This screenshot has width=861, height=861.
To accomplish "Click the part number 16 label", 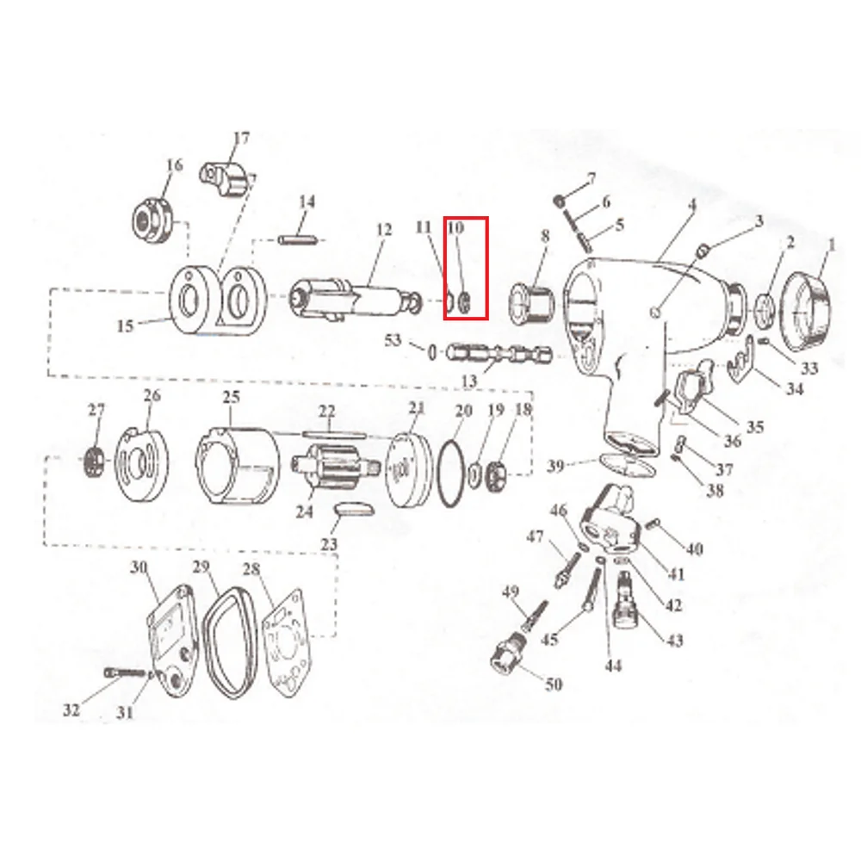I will (x=174, y=165).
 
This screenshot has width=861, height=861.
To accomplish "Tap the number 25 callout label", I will (x=230, y=397).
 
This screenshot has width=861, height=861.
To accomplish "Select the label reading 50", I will (x=553, y=684).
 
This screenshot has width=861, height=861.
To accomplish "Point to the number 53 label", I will (x=393, y=341).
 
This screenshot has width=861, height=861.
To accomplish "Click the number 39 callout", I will (x=556, y=467).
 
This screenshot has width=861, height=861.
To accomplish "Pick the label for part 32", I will (x=71, y=710).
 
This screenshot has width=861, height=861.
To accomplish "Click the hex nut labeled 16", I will (x=152, y=214).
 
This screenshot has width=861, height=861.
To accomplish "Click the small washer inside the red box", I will (x=466, y=303).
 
